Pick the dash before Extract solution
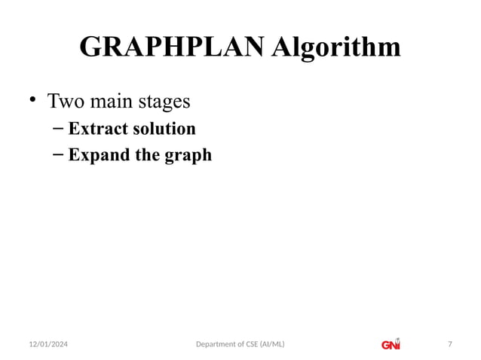pos(58,129)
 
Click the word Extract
pos(98,129)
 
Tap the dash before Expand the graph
pos(58,156)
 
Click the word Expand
pos(97,157)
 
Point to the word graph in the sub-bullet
pos(189,157)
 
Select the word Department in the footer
pos(216,345)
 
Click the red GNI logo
pos(391,344)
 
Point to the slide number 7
pos(450,345)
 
